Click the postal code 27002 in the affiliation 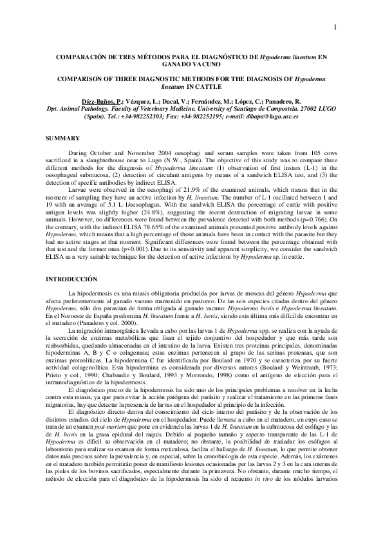[301, 109]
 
